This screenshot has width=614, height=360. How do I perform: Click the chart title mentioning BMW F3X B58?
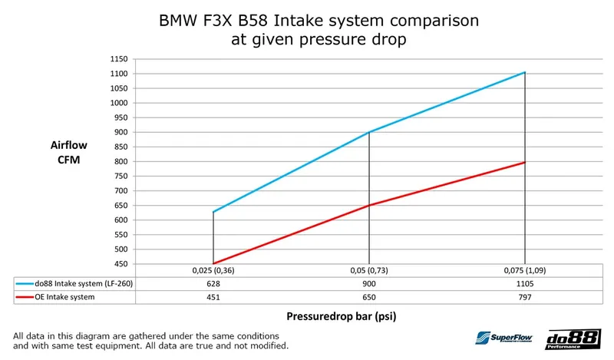coord(307,29)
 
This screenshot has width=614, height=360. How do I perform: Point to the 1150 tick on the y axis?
coord(119,59)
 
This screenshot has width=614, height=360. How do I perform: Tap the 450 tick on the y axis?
coord(121,264)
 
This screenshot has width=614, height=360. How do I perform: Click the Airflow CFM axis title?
coord(65,152)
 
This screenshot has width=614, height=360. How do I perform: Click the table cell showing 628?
coord(213,283)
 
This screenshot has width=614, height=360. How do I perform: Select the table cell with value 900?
coord(369,283)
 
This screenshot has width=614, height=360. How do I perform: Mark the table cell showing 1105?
coord(525,283)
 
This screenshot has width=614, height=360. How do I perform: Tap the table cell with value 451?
coord(213,297)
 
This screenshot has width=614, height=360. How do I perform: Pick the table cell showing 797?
coord(525,297)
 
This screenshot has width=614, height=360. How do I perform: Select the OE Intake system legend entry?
coord(64,297)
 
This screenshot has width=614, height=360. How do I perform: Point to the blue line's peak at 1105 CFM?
coord(525,72)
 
